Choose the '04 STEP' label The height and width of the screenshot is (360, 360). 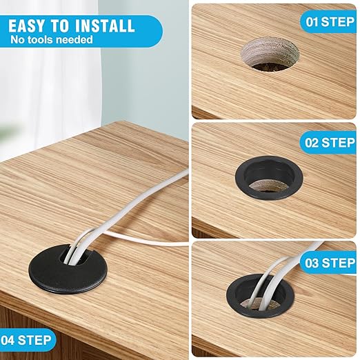(26, 339)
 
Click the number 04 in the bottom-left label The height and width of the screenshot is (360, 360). (10, 339)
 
